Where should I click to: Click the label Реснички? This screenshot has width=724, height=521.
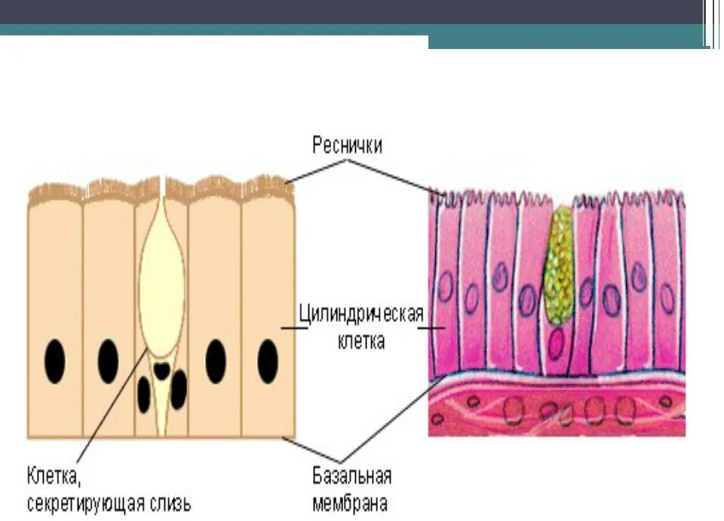pos(347,145)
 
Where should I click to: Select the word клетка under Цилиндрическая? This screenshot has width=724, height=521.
pos(361,341)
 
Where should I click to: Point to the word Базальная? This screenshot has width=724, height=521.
pos(351,477)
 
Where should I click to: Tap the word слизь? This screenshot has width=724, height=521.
pos(170,503)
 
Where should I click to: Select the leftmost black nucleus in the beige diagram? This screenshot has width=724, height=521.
pos(54,361)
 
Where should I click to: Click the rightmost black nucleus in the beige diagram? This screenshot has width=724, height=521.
pos(268,361)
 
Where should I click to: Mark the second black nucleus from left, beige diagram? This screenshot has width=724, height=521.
pos(108,360)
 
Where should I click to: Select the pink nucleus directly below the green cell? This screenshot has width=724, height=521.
pos(557,344)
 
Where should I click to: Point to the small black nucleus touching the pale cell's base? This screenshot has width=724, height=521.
pos(161,369)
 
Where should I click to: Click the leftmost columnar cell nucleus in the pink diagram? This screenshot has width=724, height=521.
pos(446,287)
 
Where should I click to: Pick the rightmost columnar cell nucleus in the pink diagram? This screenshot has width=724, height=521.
pos(667,298)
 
